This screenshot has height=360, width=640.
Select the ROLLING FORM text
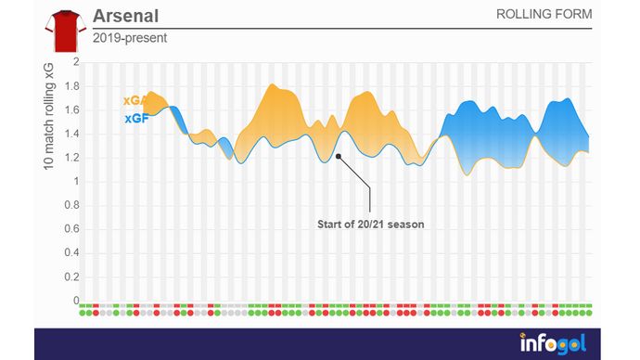coord(544,16)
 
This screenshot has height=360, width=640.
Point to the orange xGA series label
coord(135,101)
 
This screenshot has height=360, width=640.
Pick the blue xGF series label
coord(135,119)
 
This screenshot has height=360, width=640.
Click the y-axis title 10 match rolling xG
coord(48,115)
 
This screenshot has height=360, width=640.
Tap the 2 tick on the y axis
coord(76,62)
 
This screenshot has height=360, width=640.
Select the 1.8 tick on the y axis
coord(71,86)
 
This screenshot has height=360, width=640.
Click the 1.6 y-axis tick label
coord(71,109)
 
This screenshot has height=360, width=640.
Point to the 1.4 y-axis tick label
coord(71,134)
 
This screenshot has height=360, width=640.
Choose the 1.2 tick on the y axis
coord(71,158)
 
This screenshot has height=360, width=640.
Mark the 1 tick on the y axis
coord(76,182)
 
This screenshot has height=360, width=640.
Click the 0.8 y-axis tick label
coord(71,206)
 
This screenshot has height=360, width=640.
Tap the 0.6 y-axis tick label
coord(71,229)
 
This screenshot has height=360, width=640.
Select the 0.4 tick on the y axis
coord(71,253)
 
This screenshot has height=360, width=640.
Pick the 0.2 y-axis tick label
coord(71,277)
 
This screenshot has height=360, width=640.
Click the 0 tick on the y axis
coord(76,302)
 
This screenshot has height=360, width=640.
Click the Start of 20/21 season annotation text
coord(370,225)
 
